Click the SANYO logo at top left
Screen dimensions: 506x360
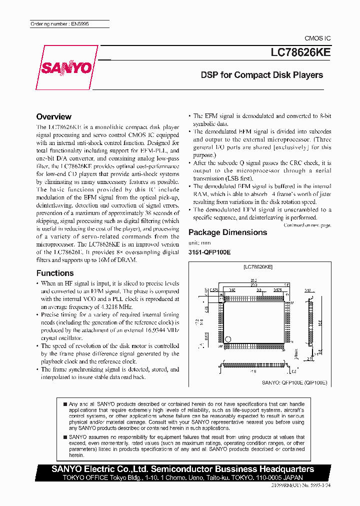coord(73,67)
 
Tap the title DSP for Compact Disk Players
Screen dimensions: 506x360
coord(261,75)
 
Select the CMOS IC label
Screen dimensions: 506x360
coord(317,38)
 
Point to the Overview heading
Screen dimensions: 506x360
coord(54,116)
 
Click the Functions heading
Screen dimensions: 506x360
coord(55,273)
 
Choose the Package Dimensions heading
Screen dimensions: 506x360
coord(227,232)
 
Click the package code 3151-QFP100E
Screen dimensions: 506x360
coord(209,252)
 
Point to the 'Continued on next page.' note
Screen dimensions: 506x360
coord(307,225)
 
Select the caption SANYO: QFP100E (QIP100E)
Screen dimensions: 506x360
coord(295,381)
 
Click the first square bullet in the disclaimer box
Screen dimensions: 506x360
coord(64,404)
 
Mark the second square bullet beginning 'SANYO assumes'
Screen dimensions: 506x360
coord(64,437)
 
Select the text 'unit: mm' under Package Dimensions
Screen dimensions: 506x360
coord(199,242)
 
